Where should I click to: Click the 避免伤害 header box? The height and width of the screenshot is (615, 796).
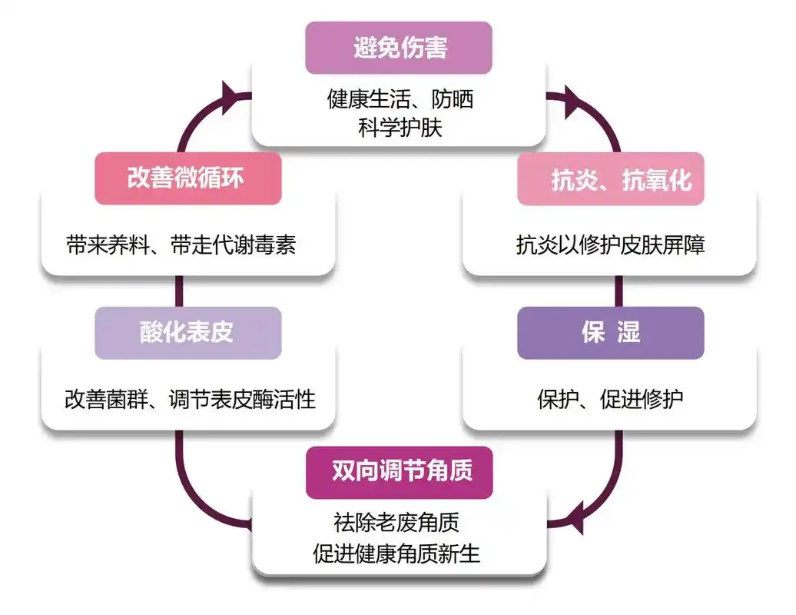[398, 48]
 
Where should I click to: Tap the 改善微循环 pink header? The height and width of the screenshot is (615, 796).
[187, 178]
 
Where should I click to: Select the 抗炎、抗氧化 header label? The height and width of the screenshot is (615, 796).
[610, 179]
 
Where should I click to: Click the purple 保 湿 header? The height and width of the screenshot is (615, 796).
[610, 333]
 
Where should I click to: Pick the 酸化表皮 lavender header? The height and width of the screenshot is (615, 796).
[187, 333]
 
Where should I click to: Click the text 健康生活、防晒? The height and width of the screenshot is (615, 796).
[400, 99]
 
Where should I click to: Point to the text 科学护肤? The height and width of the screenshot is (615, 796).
[400, 127]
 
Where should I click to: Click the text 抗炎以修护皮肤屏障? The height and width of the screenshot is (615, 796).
[610, 245]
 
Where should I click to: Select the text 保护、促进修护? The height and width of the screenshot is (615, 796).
[610, 400]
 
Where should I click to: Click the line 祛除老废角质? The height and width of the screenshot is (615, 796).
[398, 524]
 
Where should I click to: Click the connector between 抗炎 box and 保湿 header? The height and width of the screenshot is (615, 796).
[618, 291]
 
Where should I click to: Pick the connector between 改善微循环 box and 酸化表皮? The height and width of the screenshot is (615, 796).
[179, 291]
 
